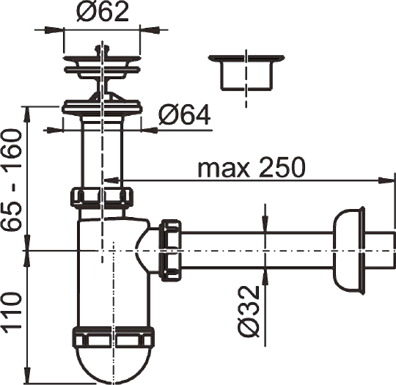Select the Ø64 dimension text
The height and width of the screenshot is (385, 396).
coord(183,115)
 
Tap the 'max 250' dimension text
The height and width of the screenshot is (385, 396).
coord(252,168)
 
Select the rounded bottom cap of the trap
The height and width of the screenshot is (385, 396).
coord(114,364)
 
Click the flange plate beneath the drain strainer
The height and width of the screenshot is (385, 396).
coord(100,108)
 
